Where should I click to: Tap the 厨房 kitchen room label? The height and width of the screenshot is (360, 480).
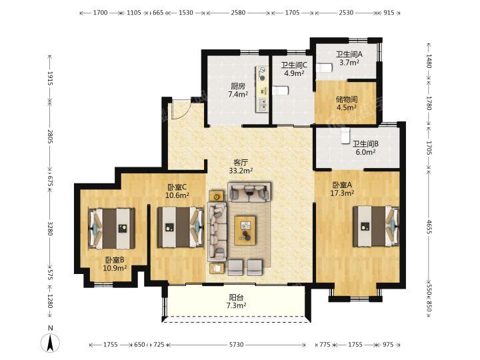238,86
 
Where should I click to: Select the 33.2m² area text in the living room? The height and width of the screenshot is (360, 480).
241,171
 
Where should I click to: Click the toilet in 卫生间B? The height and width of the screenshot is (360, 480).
345,136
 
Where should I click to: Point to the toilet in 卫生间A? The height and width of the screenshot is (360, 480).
323,67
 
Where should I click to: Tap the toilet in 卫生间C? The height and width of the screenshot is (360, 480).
281,91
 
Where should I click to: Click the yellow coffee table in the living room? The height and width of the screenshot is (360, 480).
245,230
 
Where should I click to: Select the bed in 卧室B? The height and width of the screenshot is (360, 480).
111,229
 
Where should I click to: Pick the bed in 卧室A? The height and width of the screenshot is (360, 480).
376,226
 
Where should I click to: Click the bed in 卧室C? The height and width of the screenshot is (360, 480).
181,227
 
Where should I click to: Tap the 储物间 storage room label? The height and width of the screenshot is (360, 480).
347,99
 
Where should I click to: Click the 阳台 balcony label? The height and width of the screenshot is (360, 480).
236,297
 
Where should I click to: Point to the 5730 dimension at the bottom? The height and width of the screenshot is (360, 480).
236,345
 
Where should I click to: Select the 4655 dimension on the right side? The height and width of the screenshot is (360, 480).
429,227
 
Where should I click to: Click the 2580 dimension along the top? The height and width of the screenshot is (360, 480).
238,13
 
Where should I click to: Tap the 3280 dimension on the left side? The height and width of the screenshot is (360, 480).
50,228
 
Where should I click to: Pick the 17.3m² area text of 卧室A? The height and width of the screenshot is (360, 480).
342,193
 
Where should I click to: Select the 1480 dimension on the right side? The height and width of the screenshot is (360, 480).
429,61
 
